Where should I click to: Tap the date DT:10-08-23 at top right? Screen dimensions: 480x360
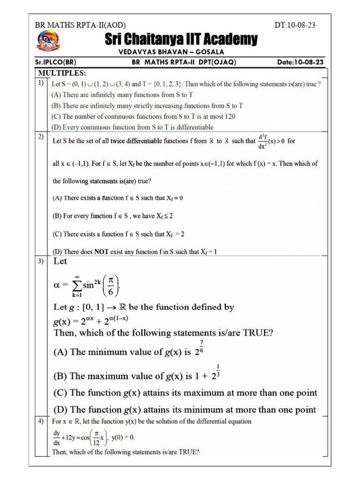coord(295,25)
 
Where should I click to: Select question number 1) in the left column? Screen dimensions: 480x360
coord(41,83)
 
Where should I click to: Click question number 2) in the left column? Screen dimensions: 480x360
coord(41,137)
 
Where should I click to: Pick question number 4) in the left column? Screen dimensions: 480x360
coord(41,421)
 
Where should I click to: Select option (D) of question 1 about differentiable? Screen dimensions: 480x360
coord(132,127)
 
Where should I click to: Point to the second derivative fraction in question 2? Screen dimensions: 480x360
coord(262,141)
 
